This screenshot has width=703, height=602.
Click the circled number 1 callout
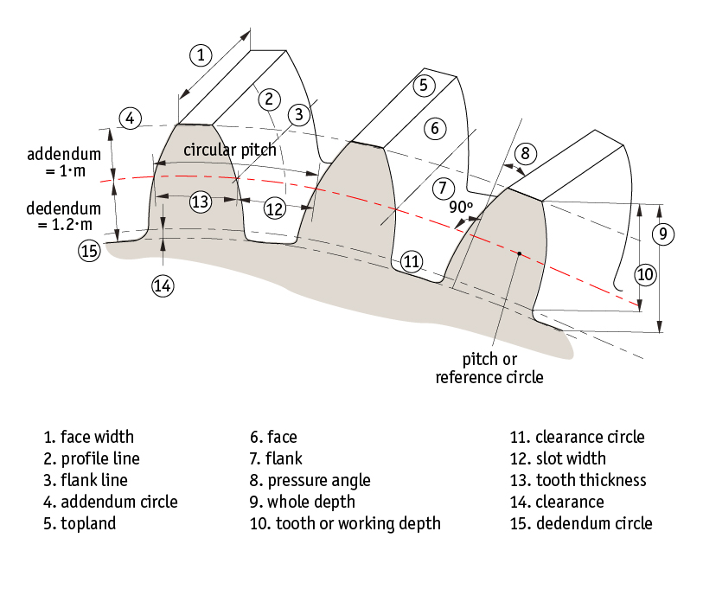click(201, 55)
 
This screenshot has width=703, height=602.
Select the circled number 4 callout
click(130, 118)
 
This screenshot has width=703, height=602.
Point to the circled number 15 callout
click(89, 251)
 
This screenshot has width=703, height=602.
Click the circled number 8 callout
click(526, 153)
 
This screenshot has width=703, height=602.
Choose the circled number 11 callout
click(412, 261)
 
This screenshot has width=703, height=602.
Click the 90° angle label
click(461, 208)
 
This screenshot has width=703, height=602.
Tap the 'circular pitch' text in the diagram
click(230, 149)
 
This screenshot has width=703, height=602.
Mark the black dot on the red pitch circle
click(519, 253)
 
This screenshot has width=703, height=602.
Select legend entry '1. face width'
click(89, 437)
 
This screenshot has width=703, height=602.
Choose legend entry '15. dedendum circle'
click(581, 523)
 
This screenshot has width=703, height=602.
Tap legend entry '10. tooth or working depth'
click(345, 523)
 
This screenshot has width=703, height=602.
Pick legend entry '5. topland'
click(80, 523)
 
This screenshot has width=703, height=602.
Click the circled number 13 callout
click(201, 202)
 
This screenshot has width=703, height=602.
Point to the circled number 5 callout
click(423, 85)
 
